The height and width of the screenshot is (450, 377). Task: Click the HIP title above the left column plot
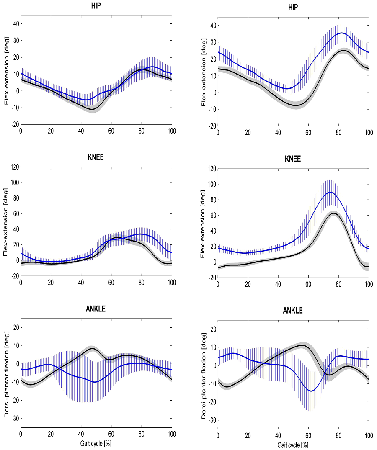96,7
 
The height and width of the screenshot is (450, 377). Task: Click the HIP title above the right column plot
293,8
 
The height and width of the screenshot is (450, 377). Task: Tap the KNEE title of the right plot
293,159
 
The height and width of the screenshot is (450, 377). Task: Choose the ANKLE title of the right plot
293,311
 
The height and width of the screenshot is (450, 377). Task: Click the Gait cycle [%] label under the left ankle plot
96,442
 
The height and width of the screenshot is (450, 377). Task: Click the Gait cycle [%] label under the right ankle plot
293,445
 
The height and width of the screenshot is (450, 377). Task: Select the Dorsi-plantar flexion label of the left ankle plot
7,374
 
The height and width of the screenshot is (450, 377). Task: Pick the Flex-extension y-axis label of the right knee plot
204,223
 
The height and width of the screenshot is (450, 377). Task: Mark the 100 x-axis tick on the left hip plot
171,131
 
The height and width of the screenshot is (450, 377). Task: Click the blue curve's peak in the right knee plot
330,192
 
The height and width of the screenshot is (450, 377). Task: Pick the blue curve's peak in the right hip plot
342,33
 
